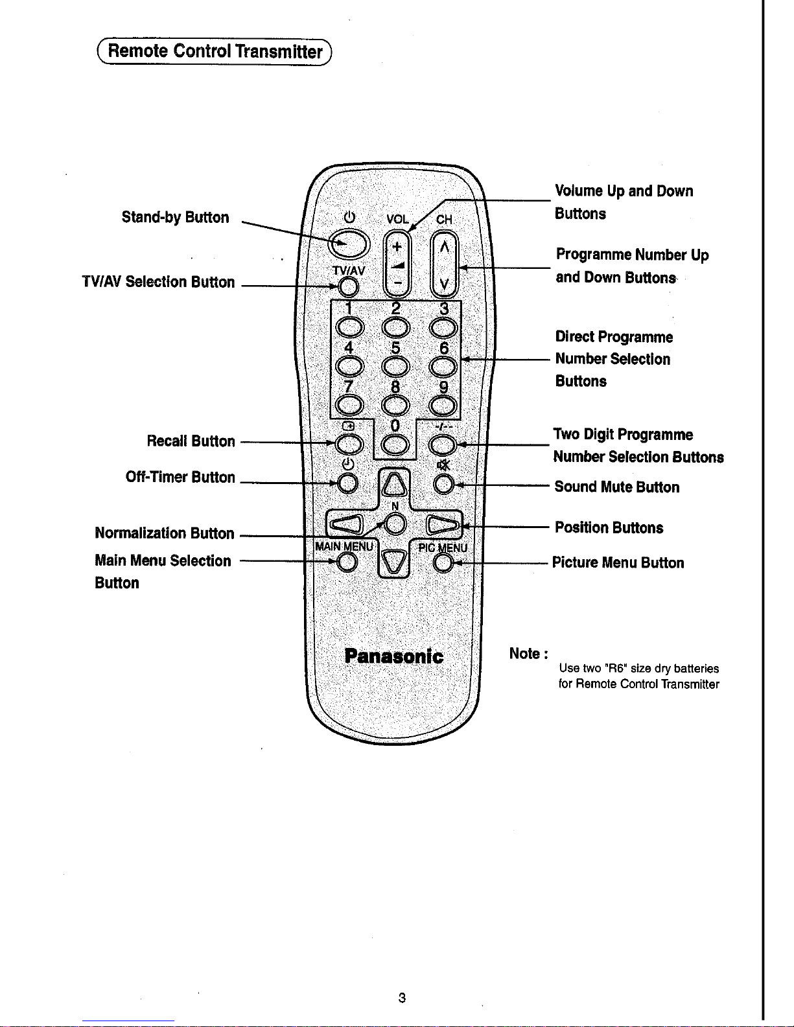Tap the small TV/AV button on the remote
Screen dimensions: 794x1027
coord(348,286)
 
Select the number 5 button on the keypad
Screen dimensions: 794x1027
coord(395,366)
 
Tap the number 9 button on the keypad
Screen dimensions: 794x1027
coord(443,406)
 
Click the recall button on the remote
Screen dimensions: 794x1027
coord(349,444)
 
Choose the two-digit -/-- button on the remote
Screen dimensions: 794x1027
coord(442,444)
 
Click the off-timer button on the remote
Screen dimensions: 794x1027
coord(348,483)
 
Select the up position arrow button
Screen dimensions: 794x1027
coord(394,485)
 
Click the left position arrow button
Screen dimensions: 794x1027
coord(346,524)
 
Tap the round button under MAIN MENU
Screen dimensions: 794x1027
coord(347,562)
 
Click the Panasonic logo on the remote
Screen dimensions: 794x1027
coord(393,656)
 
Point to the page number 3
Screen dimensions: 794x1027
coord(402,998)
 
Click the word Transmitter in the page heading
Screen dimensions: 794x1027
coord(279,52)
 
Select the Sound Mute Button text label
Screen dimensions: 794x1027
coord(617,487)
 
